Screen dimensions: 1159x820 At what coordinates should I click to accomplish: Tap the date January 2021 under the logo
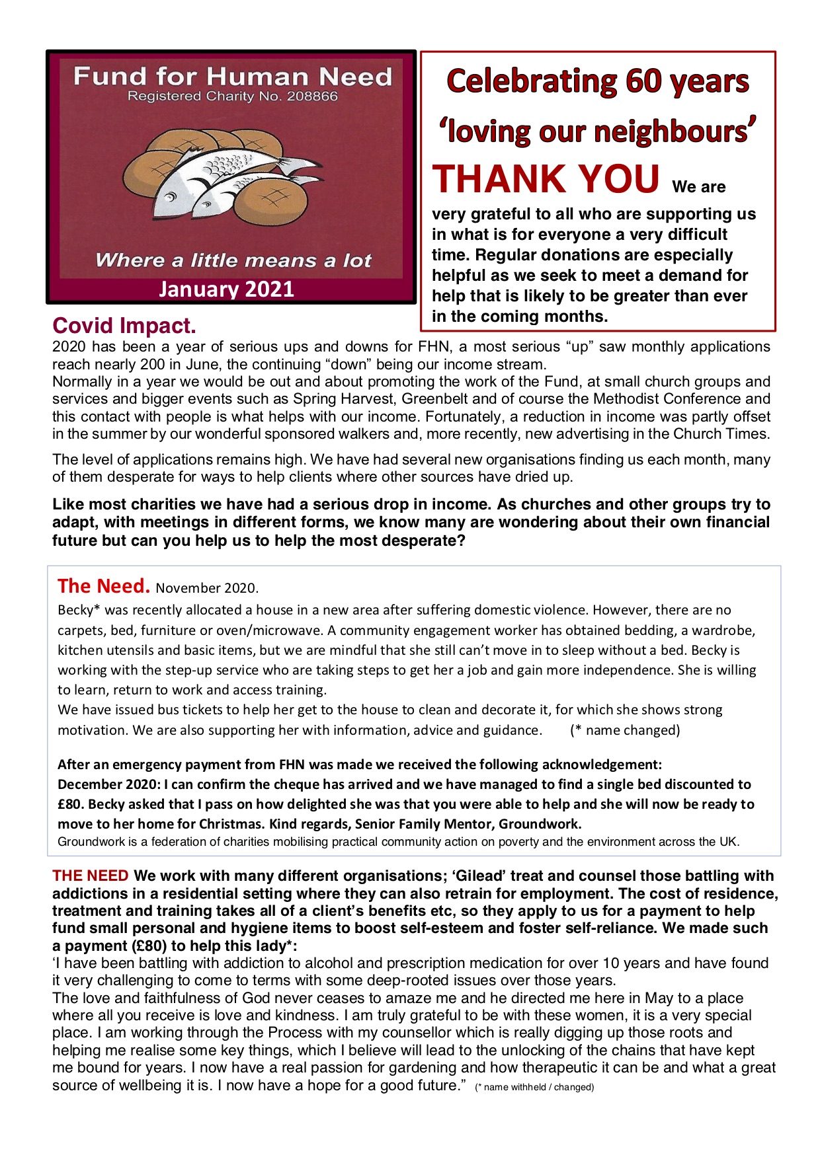pos(226,289)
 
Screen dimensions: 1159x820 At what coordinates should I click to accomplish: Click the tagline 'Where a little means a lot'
pos(233,260)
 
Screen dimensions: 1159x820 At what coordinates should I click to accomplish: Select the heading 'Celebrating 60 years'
pos(598,81)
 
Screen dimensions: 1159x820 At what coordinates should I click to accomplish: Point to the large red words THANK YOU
pos(546,179)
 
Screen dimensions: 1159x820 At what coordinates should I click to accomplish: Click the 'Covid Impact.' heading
pos(124,326)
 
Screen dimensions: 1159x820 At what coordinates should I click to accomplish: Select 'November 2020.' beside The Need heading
pos(207,588)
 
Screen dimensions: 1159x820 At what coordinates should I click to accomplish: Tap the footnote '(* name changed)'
pos(625,730)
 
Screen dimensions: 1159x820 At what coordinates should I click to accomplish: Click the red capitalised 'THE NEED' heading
pos(91,876)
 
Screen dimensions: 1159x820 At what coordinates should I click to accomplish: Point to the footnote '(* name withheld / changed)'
pos(534,1087)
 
